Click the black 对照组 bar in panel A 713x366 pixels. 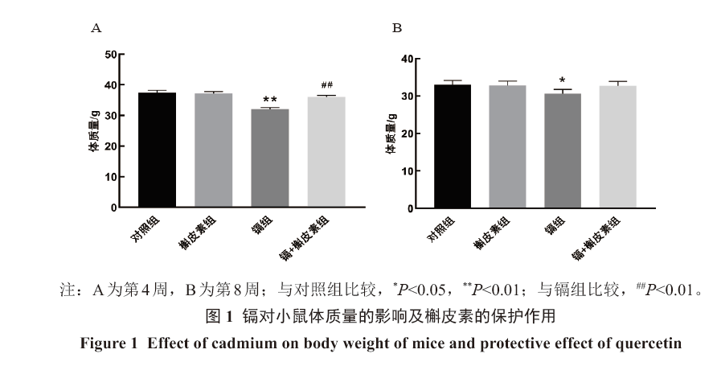tap(157, 150)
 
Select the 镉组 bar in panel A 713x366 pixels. tap(270, 158)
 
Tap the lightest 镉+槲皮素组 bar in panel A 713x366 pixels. tap(326, 152)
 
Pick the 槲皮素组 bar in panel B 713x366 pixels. tap(506, 146)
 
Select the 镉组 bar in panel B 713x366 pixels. tap(563, 150)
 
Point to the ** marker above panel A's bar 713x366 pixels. tap(270, 101)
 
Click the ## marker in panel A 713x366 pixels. tap(326, 85)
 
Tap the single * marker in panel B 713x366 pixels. tap(563, 81)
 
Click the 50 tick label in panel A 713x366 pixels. tap(110, 55)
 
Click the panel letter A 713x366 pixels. tap(96, 28)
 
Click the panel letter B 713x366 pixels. tap(396, 28)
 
